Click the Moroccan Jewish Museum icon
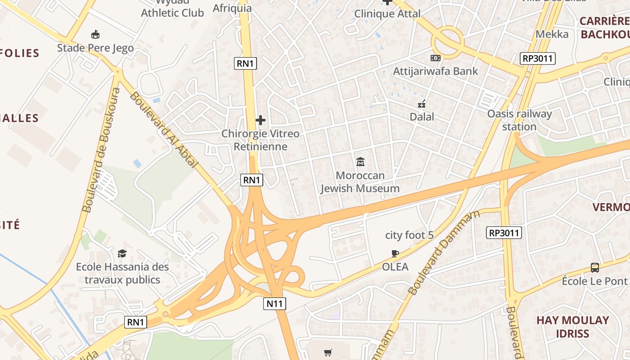(x=360, y=161)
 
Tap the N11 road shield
(x=274, y=304)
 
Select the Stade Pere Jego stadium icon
(x=95, y=34)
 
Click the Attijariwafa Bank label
(x=435, y=71)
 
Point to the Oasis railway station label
(x=519, y=120)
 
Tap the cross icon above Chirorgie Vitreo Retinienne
(x=260, y=120)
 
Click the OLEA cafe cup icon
(x=395, y=253)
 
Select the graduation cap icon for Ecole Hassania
(x=122, y=253)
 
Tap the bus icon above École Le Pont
(x=594, y=268)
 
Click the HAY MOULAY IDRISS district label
(x=572, y=327)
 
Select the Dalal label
(x=422, y=117)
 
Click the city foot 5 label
(x=409, y=235)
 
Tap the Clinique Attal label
(x=387, y=13)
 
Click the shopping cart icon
(x=328, y=352)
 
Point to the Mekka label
(x=552, y=34)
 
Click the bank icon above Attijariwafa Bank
(x=435, y=58)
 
